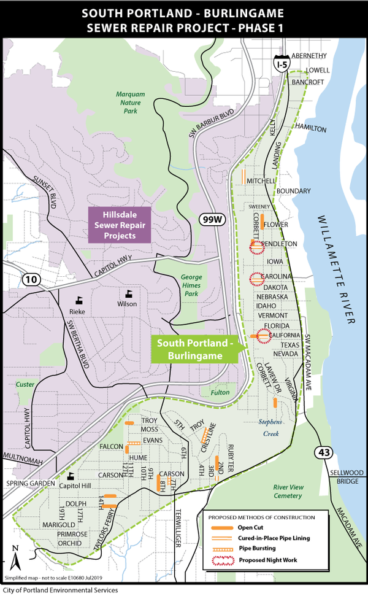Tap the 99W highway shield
tap(210, 219)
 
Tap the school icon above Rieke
tap(79, 300)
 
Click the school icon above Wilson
tap(129, 293)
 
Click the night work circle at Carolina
tap(256, 279)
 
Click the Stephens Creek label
tap(270, 428)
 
